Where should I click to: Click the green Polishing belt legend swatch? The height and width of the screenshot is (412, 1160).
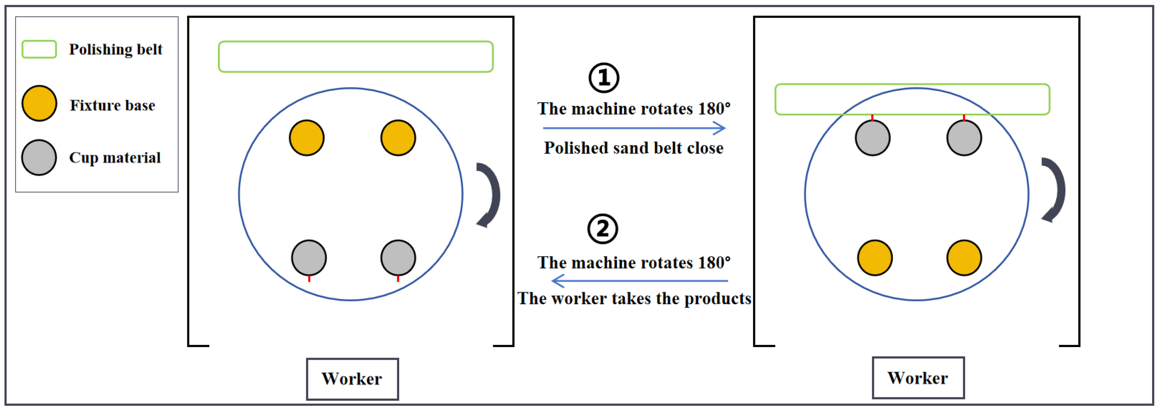point(39,49)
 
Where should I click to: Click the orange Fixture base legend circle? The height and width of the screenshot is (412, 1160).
point(39,104)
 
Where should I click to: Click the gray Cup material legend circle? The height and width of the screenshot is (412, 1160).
point(39,157)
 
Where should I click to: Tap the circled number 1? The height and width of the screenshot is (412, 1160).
point(604,78)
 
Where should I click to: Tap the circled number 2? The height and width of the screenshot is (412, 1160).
point(603,229)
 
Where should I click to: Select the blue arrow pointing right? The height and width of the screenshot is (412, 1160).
point(634,128)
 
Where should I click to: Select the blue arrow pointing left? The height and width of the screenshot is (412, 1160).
point(639,281)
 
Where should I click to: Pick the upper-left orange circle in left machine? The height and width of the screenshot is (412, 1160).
point(307,138)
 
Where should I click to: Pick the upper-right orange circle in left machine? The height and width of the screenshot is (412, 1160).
point(398,138)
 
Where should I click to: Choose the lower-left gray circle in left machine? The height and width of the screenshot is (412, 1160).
point(309,258)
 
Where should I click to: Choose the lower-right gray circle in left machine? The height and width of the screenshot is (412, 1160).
point(398,258)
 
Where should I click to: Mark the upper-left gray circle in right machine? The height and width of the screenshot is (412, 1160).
point(873,138)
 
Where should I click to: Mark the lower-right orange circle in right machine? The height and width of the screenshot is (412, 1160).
point(964,258)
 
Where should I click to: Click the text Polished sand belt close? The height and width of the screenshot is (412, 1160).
point(634,148)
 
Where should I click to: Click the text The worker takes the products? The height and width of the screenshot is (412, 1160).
point(634,299)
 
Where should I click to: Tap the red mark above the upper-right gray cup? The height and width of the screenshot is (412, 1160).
point(964,118)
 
